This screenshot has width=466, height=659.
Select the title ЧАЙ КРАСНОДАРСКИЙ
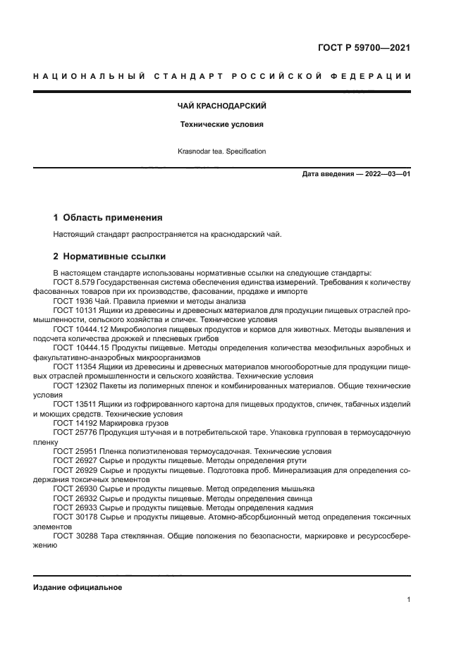coord(221,106)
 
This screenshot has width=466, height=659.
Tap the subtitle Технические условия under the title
coord(221,124)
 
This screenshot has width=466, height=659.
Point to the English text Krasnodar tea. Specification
coord(221,151)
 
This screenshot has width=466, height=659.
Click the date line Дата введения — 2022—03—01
coord(356,174)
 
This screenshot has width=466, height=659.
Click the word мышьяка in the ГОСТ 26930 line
coord(297,488)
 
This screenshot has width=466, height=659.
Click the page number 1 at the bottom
coord(408,600)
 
